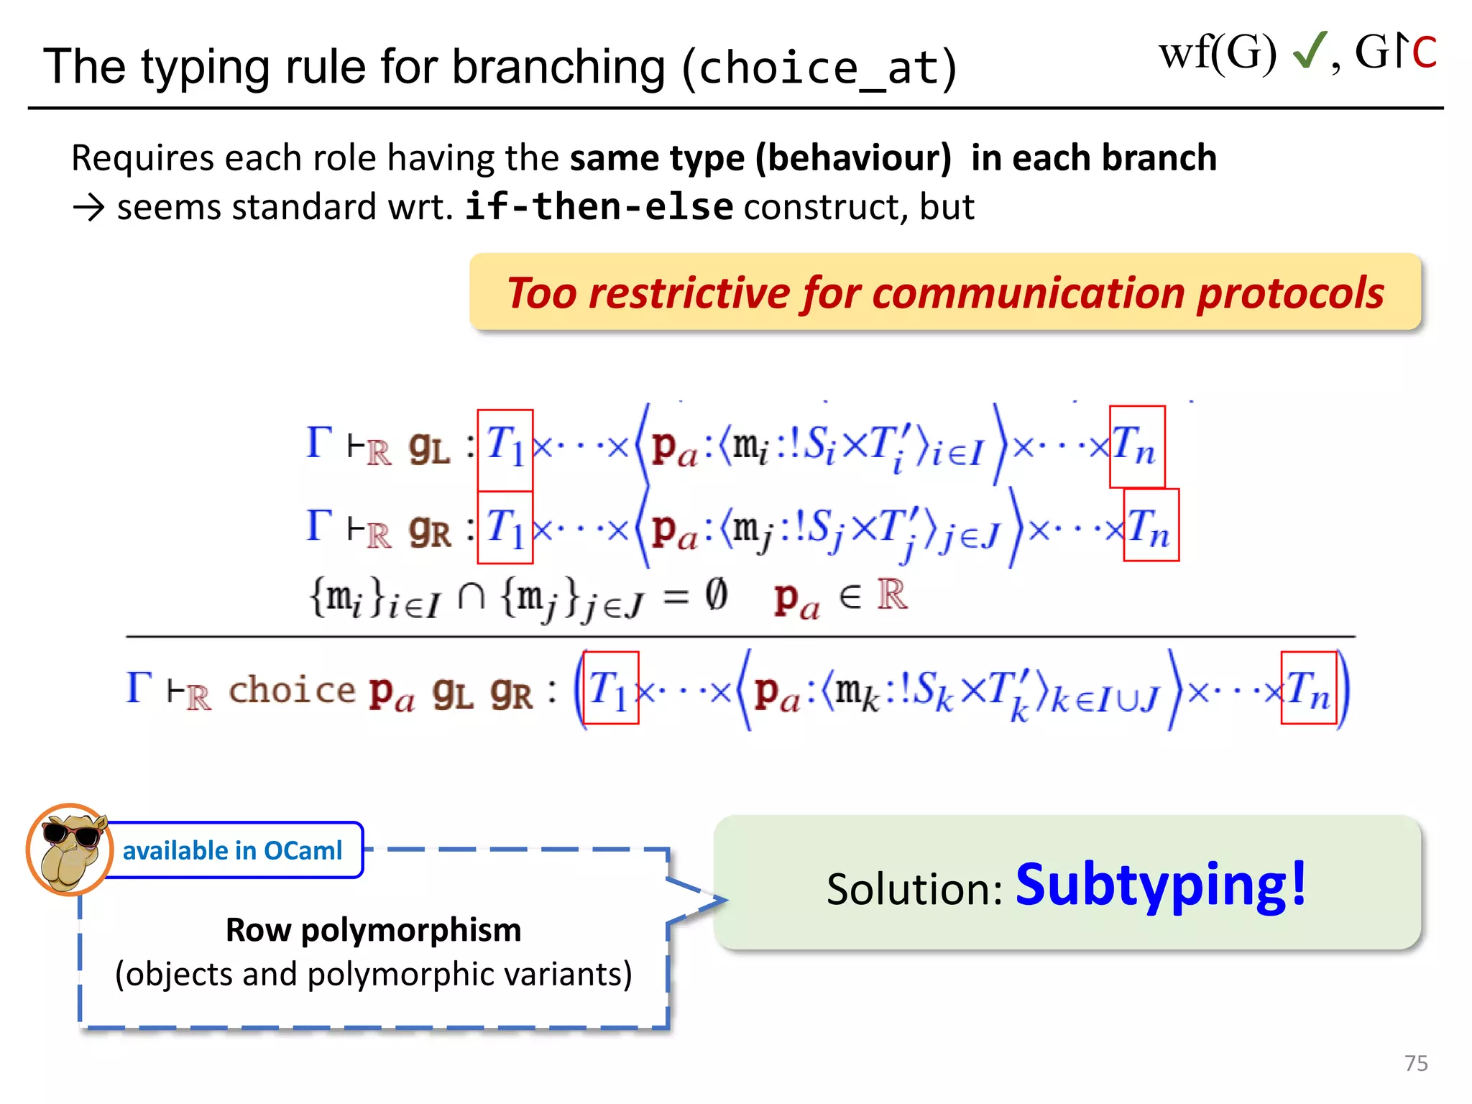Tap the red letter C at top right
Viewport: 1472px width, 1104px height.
[1424, 52]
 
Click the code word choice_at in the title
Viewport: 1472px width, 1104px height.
[819, 68]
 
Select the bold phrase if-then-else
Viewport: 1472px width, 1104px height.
[599, 207]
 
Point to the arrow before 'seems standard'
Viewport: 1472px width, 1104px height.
[89, 208]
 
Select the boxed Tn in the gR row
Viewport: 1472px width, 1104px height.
[1151, 525]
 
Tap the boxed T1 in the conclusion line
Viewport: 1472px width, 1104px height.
[610, 688]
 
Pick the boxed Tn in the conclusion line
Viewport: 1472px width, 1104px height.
[1308, 688]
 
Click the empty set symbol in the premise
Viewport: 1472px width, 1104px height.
[716, 595]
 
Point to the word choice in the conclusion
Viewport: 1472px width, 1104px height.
[292, 690]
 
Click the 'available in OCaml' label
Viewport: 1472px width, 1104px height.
[232, 850]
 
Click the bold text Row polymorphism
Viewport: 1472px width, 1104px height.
[373, 930]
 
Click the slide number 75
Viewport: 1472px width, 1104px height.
[1415, 1063]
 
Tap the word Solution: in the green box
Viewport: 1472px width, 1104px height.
[914, 889]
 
